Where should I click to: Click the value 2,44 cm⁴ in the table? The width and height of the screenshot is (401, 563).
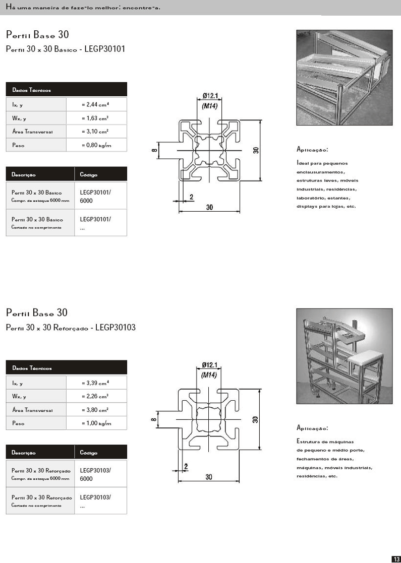pos(95,104)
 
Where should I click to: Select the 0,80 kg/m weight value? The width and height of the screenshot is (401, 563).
pos(96,145)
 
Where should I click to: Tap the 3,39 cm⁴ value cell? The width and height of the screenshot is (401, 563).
pos(95,383)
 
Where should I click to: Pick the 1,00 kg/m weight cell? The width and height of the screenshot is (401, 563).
pos(96,423)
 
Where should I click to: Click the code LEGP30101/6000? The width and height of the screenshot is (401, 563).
pos(95,196)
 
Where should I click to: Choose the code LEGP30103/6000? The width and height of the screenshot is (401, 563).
pos(95,474)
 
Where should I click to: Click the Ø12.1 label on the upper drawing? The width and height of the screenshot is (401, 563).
pos(210,95)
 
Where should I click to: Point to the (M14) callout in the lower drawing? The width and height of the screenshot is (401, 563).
pos(209,374)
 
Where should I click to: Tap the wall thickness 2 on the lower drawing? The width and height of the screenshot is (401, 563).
pos(186,466)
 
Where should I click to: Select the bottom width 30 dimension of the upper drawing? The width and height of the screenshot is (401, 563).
pos(209,207)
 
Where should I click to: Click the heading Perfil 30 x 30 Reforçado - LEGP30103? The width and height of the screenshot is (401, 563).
pos(71,328)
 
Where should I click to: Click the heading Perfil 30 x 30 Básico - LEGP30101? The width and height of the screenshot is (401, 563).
pos(65,49)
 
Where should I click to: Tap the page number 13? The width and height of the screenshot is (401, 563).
pos(396,558)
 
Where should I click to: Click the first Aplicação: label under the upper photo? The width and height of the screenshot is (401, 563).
pos(313,150)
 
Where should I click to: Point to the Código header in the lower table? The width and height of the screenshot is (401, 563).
pos(89,453)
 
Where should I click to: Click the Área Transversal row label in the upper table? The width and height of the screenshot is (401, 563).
pos(32,132)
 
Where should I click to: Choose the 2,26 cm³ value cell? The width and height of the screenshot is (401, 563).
pos(95,396)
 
